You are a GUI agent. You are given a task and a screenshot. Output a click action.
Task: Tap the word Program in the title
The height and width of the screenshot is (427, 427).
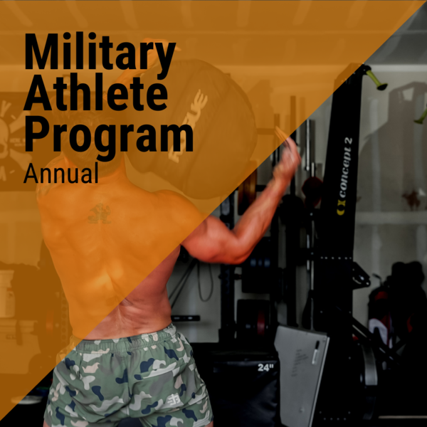coord(108,137)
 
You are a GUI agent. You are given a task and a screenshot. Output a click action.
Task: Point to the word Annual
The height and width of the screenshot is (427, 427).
coord(60,173)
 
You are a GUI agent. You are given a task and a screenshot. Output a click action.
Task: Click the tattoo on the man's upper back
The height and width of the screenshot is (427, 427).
coord(99,213)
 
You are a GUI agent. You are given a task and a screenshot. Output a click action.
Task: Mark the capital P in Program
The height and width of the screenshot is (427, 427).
coord(36,137)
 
